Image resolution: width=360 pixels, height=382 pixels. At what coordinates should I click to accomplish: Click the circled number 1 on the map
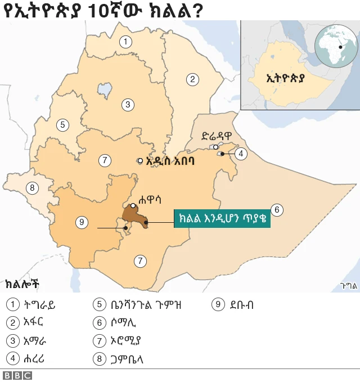point(125,41)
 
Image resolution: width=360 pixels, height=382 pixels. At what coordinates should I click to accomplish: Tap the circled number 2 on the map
point(192,79)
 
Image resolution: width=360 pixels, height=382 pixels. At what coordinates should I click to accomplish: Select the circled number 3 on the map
point(128,104)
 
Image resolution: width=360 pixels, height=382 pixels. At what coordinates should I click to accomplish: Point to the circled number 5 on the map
point(62,125)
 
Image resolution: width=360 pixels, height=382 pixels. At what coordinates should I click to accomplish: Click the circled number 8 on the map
point(33,187)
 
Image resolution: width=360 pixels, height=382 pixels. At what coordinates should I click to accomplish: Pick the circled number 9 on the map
point(82,222)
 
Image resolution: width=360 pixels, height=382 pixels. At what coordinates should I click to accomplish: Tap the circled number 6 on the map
point(276,210)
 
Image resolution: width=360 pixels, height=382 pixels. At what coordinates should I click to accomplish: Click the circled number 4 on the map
point(241,153)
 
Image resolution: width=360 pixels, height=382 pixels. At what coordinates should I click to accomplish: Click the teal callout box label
point(222,218)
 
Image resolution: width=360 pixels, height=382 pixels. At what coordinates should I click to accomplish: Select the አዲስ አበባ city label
point(170,161)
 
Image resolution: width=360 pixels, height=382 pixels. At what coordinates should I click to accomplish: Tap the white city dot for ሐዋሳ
point(133,206)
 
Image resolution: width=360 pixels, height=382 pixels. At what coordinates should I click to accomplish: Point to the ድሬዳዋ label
point(217,136)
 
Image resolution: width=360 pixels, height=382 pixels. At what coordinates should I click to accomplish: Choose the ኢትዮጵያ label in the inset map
point(285,78)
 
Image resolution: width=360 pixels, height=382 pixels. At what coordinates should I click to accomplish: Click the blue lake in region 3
point(104,89)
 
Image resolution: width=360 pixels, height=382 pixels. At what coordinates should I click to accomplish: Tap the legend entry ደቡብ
point(241,305)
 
